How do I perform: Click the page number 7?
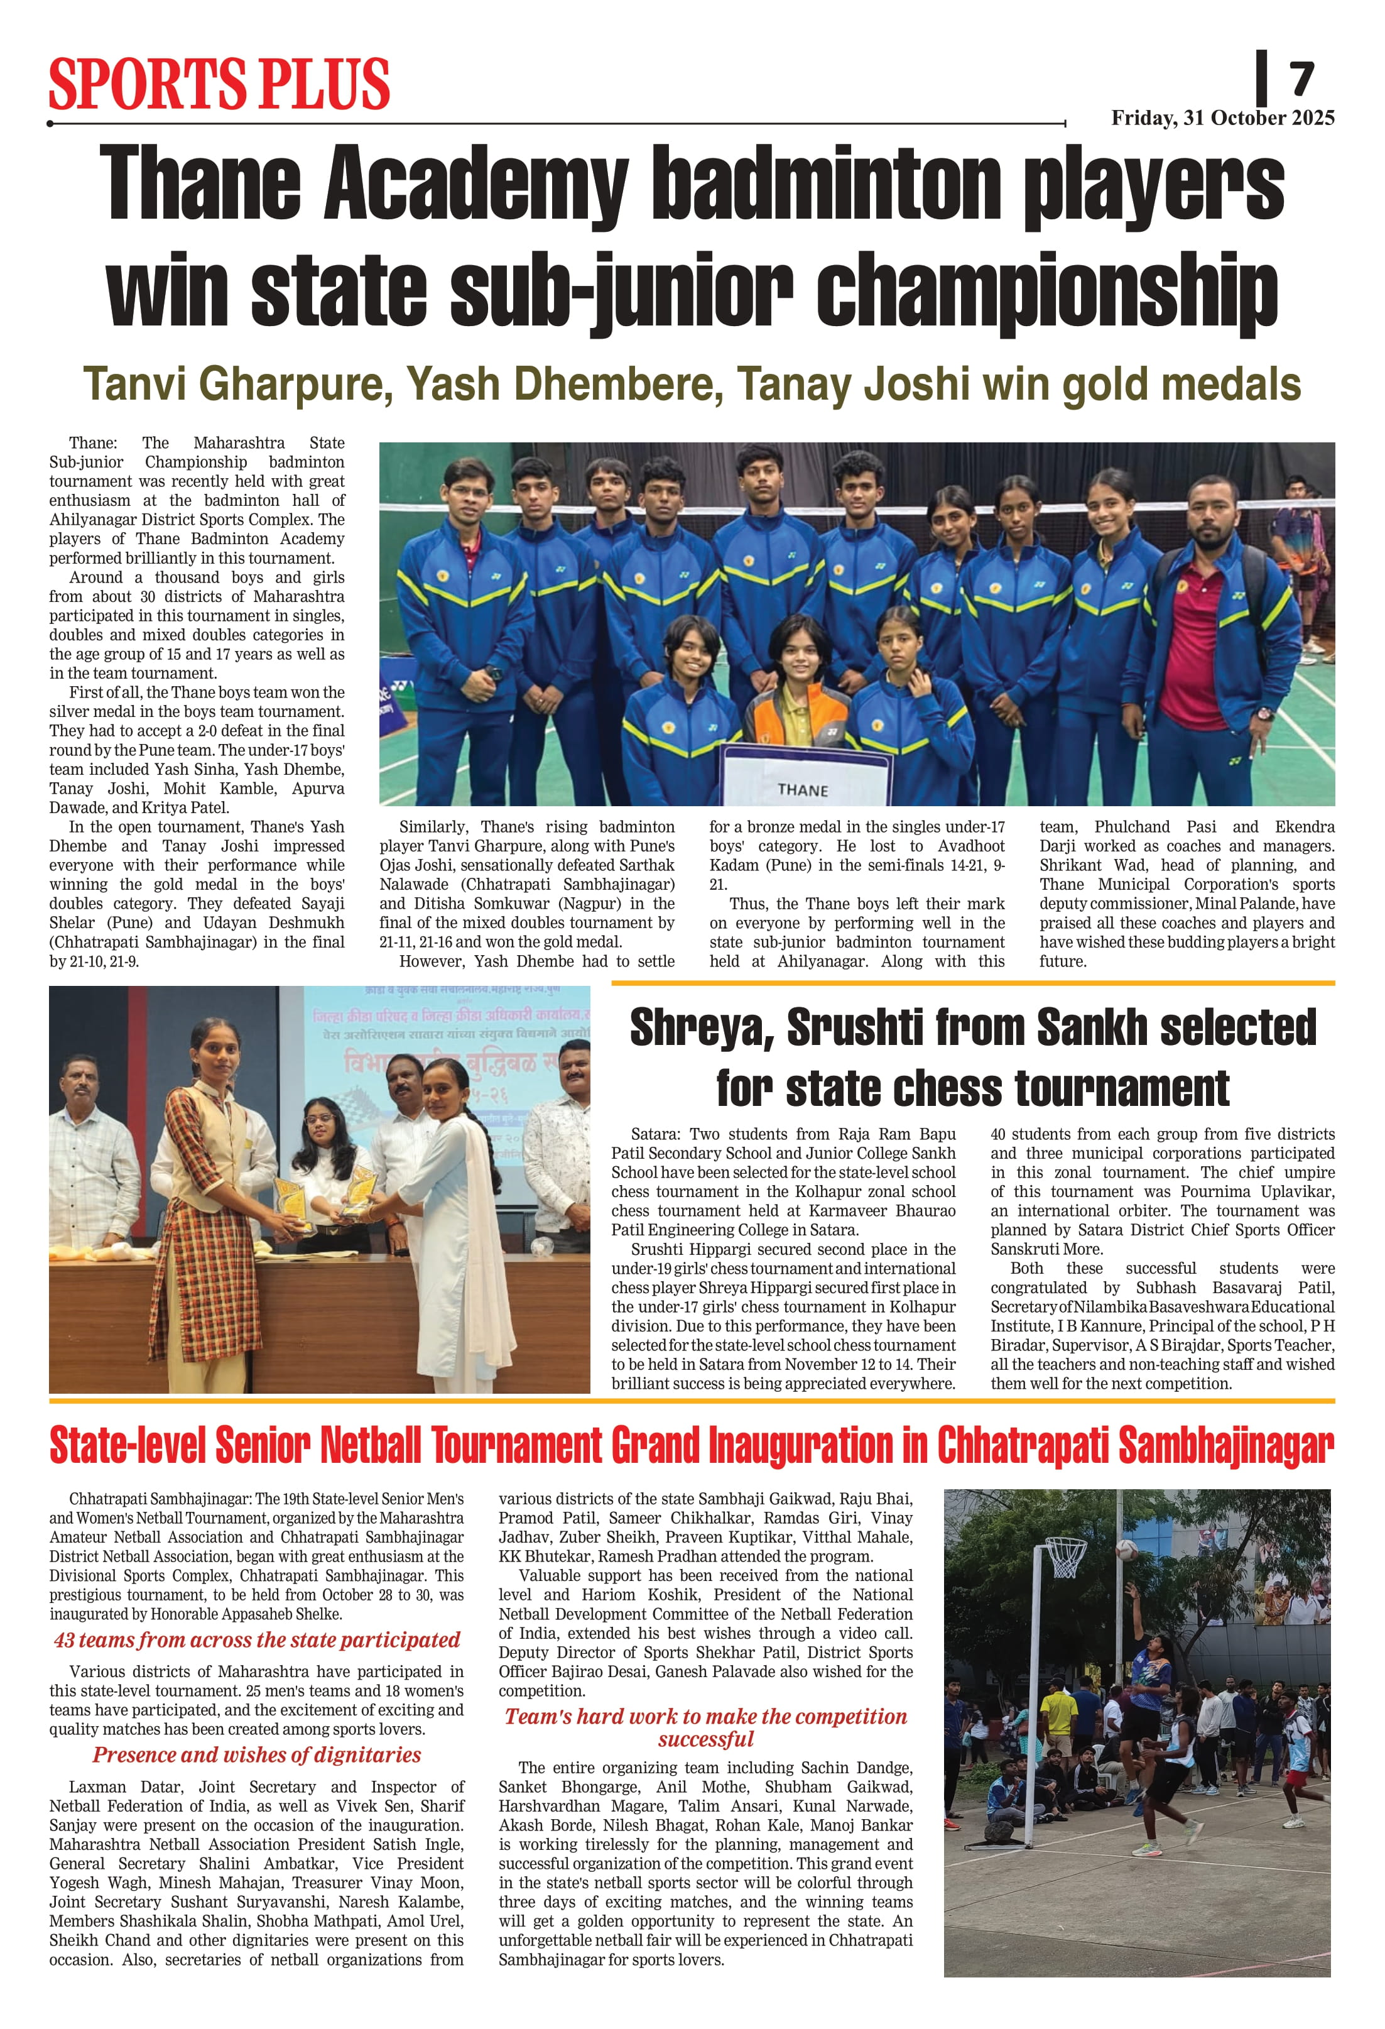coord(1302,79)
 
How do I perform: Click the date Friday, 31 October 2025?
coord(1222,118)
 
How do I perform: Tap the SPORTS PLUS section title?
coord(219,84)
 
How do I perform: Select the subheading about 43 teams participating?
coord(256,1639)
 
